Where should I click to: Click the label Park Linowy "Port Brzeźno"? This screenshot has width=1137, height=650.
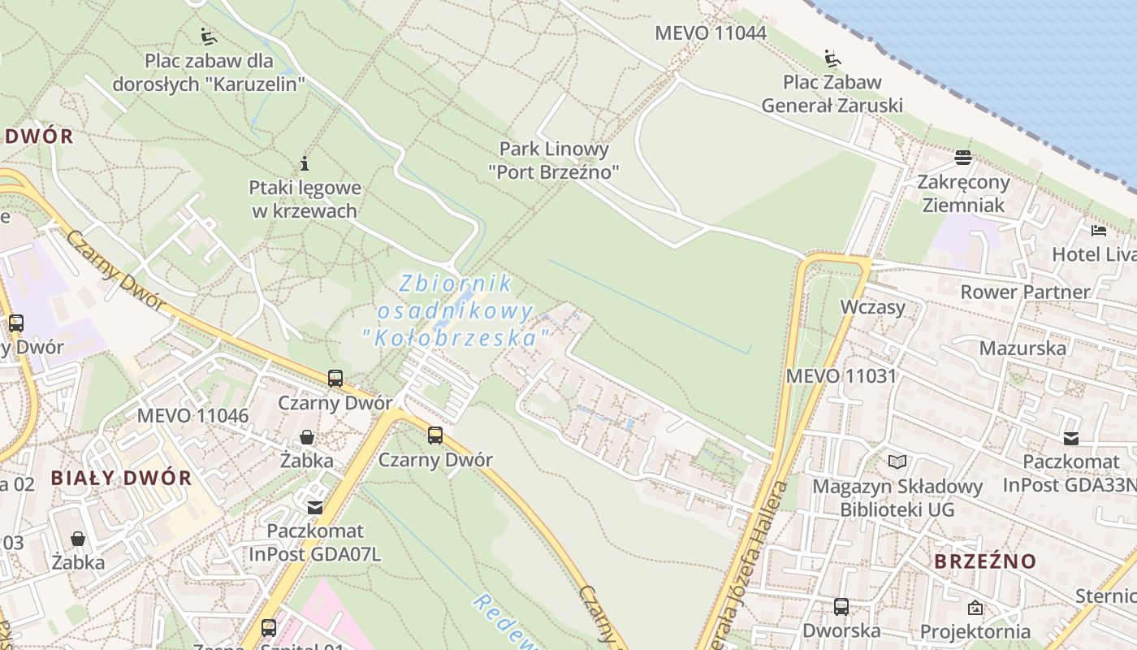[554, 160]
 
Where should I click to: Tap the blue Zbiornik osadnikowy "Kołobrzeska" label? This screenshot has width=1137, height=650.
[456, 310]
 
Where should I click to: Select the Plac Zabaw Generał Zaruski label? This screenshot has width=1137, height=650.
[832, 93]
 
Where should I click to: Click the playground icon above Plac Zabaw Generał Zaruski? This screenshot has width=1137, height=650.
[832, 58]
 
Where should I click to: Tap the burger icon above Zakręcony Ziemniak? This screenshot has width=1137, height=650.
[963, 157]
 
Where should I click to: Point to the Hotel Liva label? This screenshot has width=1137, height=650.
[1093, 254]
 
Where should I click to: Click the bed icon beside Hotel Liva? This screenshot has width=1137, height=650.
[1099, 231]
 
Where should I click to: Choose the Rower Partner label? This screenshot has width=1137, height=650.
[1025, 292]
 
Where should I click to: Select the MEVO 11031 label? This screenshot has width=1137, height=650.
[841, 376]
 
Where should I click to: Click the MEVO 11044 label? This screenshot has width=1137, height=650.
[711, 33]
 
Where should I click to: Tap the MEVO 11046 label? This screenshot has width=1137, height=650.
[192, 416]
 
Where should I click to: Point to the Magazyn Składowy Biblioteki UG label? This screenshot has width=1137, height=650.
[897, 498]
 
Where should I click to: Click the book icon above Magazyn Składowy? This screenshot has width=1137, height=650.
[897, 462]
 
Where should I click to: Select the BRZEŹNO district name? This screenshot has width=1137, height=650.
[985, 561]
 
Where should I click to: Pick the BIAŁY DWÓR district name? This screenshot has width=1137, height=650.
[122, 478]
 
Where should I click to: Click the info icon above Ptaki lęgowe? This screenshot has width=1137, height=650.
[305, 163]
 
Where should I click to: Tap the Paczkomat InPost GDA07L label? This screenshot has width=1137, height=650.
[314, 543]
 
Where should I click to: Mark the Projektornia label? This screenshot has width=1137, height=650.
[975, 631]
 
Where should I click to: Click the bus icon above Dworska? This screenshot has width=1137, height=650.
[841, 606]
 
